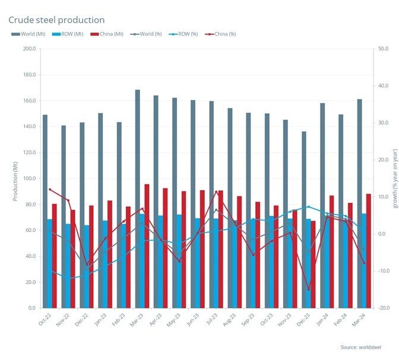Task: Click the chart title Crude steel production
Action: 56,20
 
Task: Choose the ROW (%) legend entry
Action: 188,34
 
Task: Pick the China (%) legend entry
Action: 223,34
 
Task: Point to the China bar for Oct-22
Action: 55,256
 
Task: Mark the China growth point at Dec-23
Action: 309,289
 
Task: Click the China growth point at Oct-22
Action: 50,189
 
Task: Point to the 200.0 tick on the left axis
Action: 28,49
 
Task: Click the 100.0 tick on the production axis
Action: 28,179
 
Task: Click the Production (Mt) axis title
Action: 15,179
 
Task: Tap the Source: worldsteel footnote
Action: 361,346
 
